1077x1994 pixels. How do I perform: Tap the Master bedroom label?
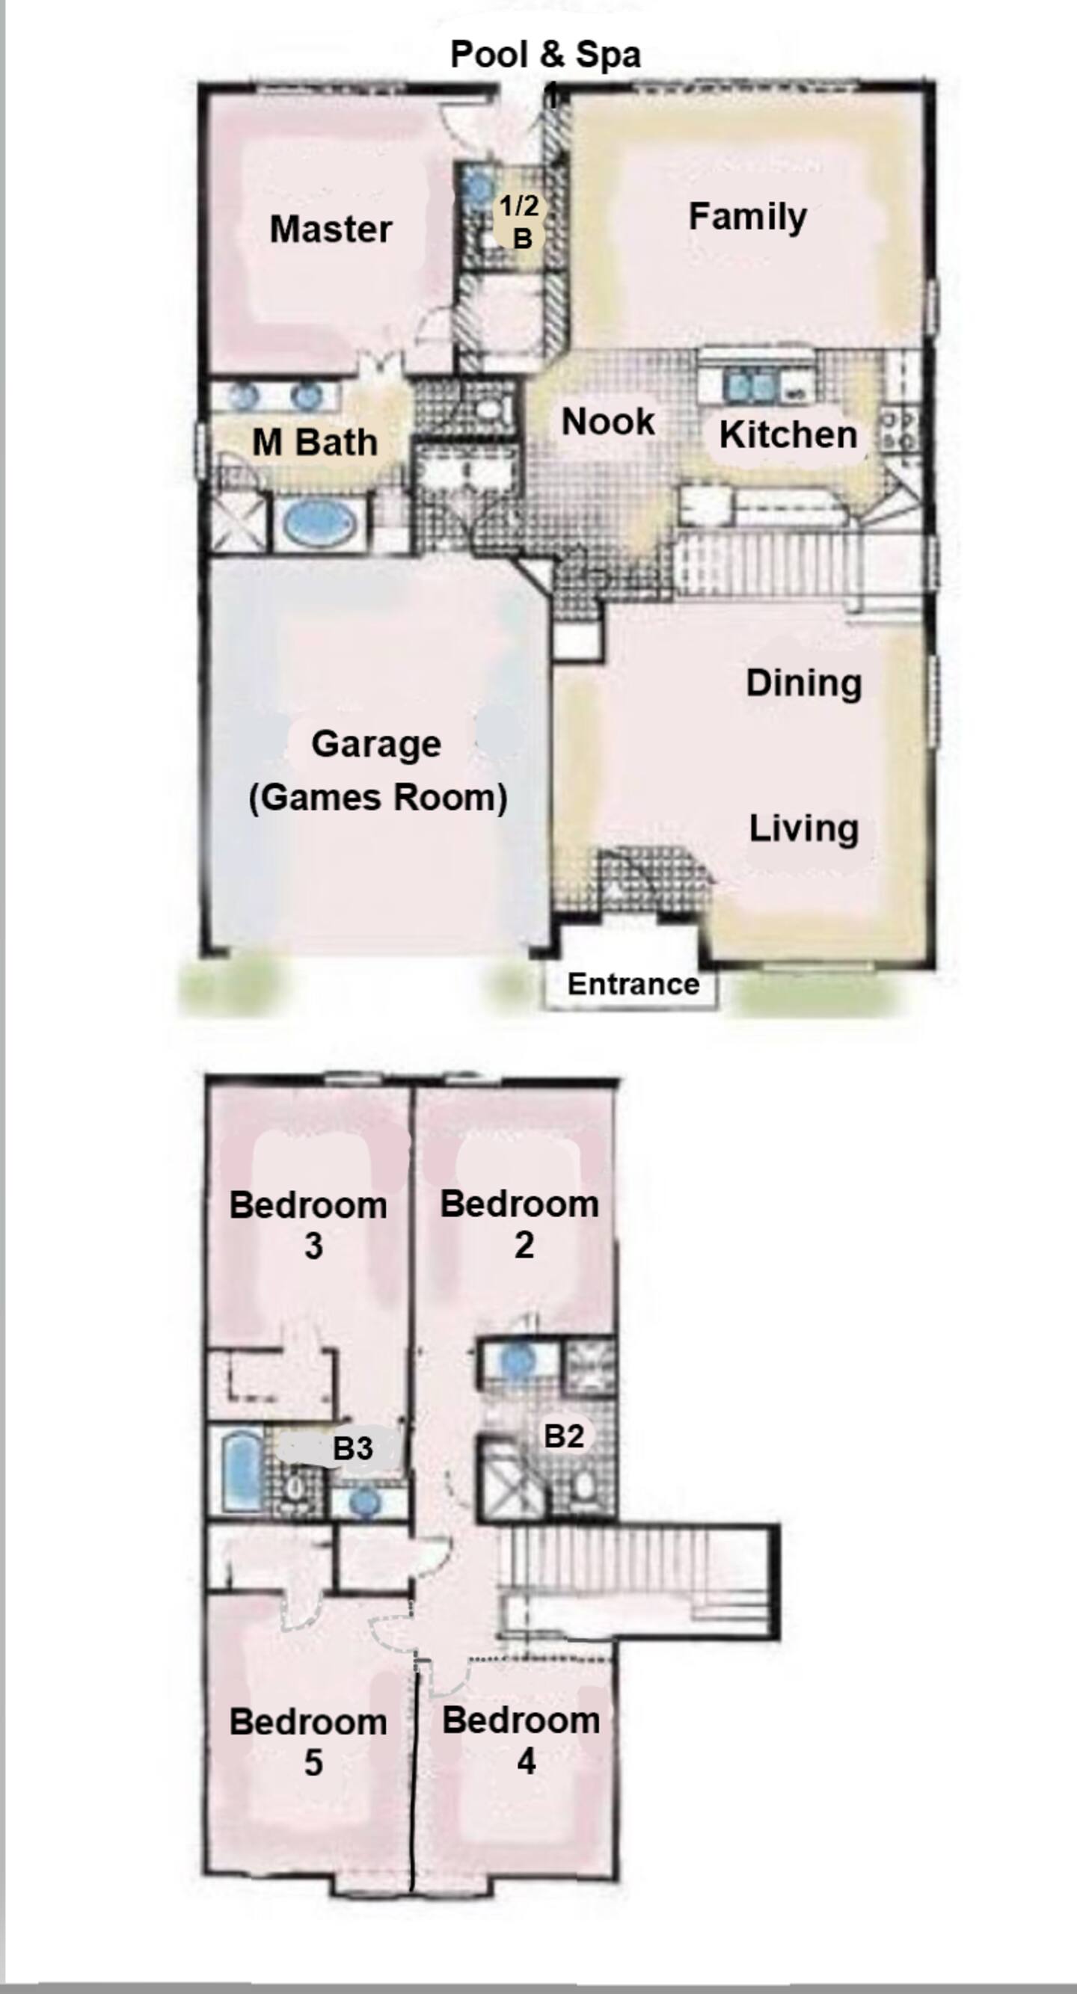coord(331,229)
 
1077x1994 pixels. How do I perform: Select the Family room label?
coord(747,217)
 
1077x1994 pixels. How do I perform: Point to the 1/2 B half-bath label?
coord(520,221)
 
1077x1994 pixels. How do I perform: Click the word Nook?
coord(608,422)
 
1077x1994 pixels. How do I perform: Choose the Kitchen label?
coord(788,434)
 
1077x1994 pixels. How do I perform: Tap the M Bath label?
coord(315,443)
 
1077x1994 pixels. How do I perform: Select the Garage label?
coord(376,745)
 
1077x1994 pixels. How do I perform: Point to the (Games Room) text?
coord(378,797)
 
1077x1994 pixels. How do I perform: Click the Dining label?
coord(804,683)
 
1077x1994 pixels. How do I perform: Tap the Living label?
coord(804,828)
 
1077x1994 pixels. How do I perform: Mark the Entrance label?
coord(633,984)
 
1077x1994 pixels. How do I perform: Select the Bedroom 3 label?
coord(308,1225)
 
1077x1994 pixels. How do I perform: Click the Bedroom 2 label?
coord(520,1224)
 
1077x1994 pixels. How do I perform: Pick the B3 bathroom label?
coord(352,1448)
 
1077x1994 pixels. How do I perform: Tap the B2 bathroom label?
coord(563,1436)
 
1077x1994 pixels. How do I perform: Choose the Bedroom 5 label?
coord(308,1741)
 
